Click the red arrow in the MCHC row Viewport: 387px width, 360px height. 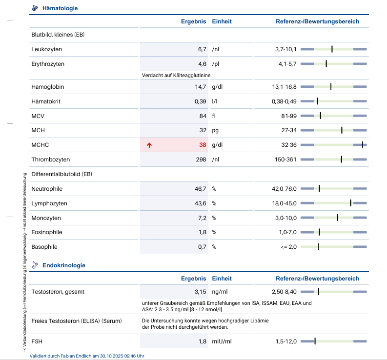click(x=149, y=145)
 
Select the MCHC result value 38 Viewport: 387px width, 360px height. click(x=203, y=145)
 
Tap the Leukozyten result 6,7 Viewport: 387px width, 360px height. click(x=202, y=49)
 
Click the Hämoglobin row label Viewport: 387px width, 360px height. click(x=48, y=87)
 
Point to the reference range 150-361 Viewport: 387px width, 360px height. click(x=285, y=160)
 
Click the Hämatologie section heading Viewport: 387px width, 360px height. click(x=60, y=8)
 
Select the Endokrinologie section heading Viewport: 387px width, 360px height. click(x=64, y=265)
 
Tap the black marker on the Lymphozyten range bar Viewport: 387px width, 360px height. click(x=350, y=203)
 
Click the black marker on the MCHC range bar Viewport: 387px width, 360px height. click(x=362, y=145)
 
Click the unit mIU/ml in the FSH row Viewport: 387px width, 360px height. click(x=222, y=341)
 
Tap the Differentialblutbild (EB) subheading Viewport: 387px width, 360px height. click(x=61, y=174)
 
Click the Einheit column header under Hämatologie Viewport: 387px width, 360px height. click(x=222, y=21)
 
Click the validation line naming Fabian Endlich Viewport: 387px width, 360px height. click(x=87, y=356)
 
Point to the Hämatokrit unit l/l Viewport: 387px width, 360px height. click(x=214, y=101)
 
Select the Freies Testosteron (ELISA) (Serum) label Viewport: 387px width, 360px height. click(x=76, y=320)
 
